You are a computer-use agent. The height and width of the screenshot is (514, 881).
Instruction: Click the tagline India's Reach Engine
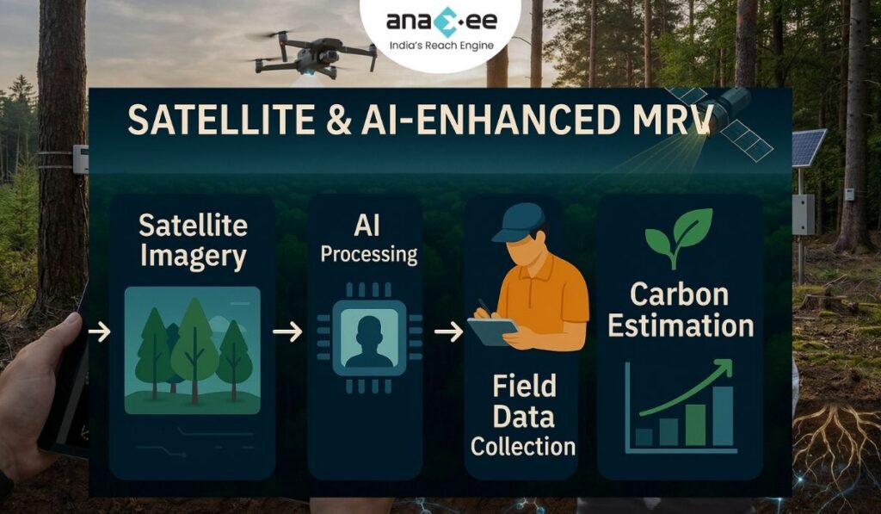coord(440,44)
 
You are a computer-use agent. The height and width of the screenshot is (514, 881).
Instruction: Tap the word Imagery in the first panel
coord(194,257)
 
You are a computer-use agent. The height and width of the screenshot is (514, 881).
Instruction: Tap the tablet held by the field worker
coord(491,330)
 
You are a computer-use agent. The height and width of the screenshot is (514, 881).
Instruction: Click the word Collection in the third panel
coord(523,446)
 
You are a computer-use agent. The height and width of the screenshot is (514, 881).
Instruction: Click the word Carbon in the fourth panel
coord(680,294)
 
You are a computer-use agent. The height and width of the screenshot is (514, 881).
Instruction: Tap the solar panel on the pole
coord(808,147)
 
